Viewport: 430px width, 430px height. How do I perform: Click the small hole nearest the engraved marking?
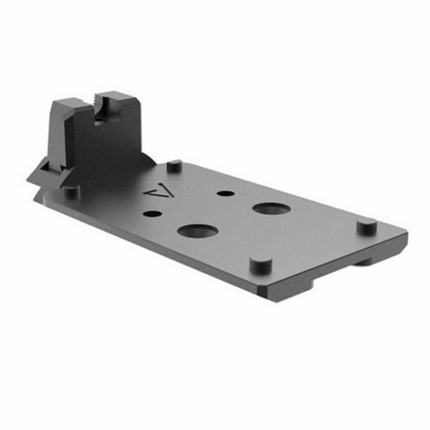click(152, 213)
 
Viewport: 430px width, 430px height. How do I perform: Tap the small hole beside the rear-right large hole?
click(225, 193)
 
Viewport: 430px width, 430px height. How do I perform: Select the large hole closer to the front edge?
click(198, 230)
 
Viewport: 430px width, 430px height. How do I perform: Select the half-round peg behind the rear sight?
click(174, 166)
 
